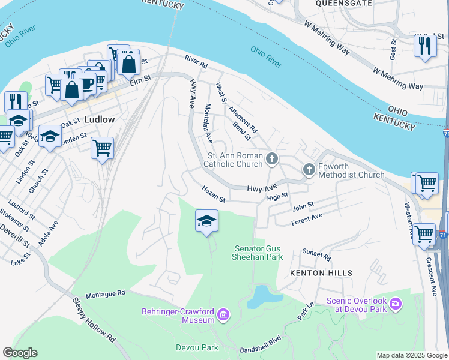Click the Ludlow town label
click(x=99, y=119)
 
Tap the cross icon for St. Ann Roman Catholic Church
click(x=272, y=159)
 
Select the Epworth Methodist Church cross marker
click(x=309, y=170)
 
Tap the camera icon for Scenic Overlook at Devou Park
click(x=396, y=304)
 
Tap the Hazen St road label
click(x=213, y=194)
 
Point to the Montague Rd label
click(x=105, y=294)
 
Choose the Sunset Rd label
click(x=316, y=254)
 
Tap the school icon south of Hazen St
click(x=206, y=221)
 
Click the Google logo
click(x=20, y=353)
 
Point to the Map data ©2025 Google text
click(x=411, y=355)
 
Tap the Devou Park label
click(x=197, y=347)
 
